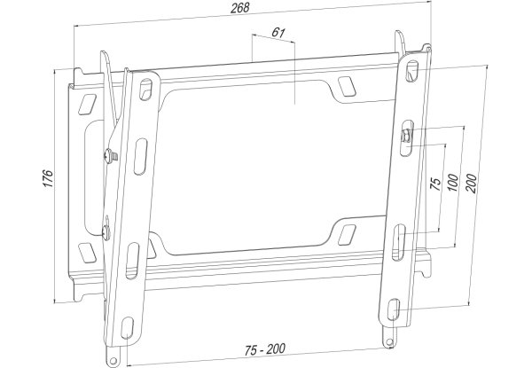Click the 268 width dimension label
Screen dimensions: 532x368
coord(240,8)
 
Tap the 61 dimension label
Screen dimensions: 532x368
coord(278,33)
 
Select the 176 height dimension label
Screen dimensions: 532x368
coord(48,178)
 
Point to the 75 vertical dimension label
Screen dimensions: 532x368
coord(435,184)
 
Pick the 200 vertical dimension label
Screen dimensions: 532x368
coord(471,184)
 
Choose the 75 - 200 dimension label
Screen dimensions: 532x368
coord(265,349)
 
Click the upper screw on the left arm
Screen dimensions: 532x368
coord(111,156)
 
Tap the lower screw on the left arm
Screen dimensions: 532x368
coord(106,231)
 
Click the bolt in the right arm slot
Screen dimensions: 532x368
coord(406,137)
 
